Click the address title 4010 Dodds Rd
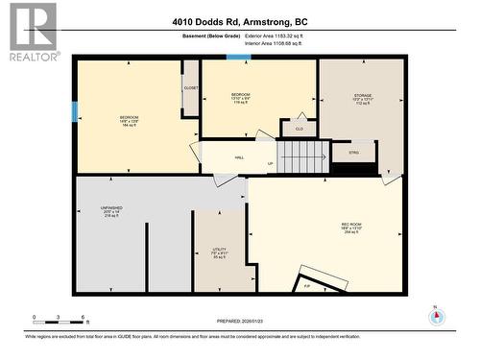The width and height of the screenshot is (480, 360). [240, 21]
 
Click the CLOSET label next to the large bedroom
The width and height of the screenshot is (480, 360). [190, 88]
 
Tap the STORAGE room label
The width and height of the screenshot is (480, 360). [362, 100]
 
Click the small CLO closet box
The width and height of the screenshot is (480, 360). [299, 129]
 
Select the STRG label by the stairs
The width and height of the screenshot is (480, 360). [353, 152]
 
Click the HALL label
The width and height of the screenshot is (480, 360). [239, 157]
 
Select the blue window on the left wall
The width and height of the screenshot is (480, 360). [75, 110]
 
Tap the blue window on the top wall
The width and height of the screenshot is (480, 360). [239, 57]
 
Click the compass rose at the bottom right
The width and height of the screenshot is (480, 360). [437, 318]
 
